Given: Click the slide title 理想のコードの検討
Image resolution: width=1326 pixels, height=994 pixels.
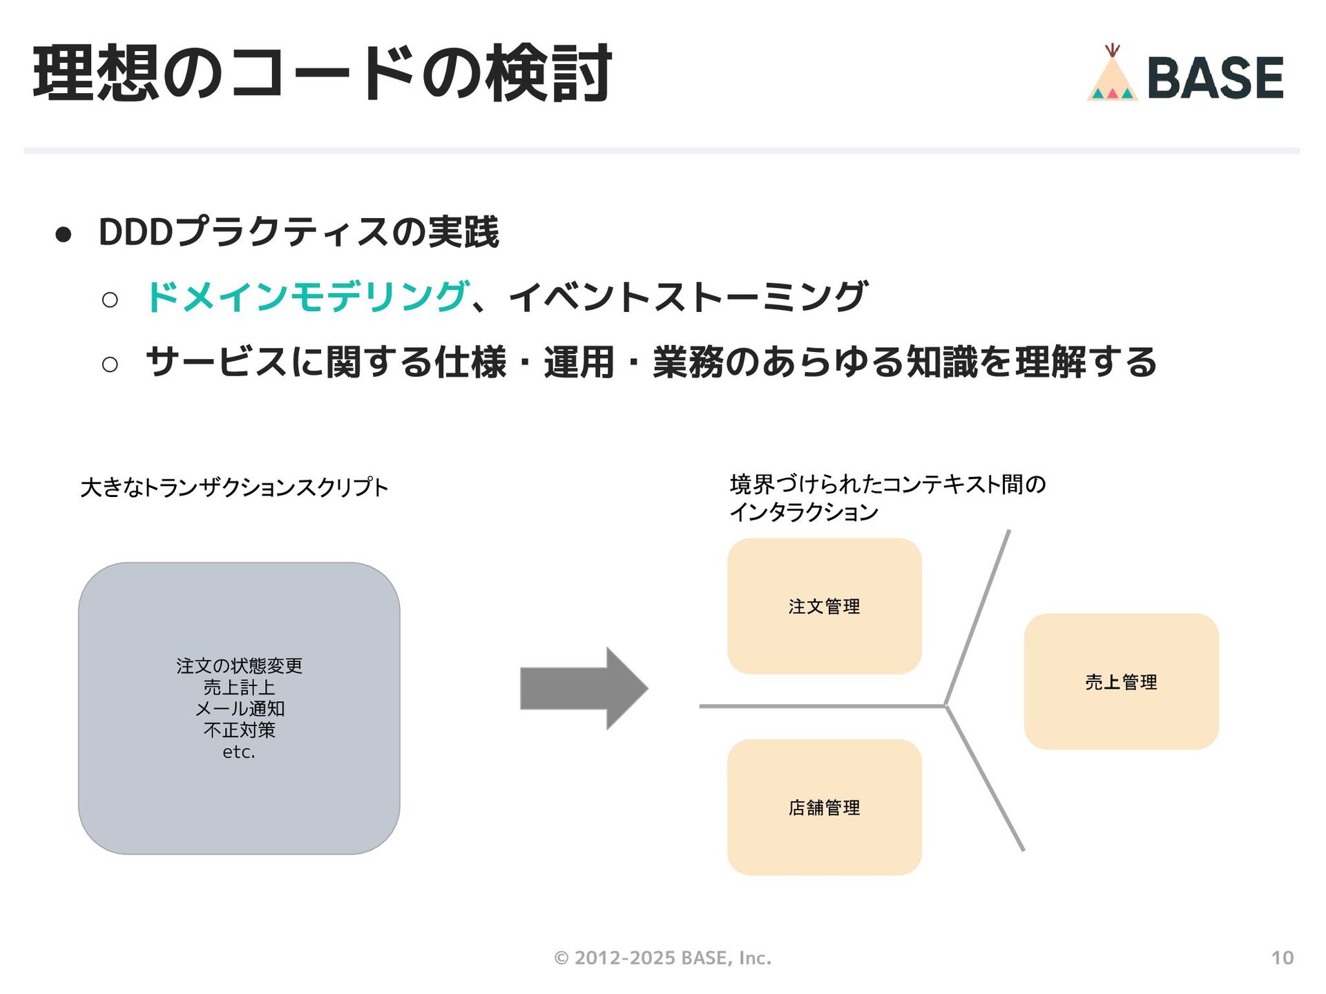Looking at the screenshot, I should click(322, 73).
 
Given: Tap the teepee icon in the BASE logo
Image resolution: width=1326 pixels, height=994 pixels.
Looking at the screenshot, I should click(1112, 76).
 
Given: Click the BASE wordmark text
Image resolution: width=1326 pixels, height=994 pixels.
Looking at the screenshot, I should click(1215, 77).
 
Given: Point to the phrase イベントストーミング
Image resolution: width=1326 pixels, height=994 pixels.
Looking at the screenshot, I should click(688, 297).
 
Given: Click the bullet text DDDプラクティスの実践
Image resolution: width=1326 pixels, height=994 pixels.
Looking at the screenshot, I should click(298, 232).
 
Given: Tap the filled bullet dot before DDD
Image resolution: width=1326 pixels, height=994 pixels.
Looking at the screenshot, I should click(64, 235).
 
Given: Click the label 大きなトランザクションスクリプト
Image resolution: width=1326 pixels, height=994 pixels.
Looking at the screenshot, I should click(234, 487).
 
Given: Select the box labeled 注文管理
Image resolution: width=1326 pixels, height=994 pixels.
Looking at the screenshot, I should click(824, 606).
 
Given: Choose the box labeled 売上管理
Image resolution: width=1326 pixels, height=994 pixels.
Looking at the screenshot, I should click(1121, 681).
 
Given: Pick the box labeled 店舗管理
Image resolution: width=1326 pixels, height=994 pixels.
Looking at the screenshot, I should click(824, 807).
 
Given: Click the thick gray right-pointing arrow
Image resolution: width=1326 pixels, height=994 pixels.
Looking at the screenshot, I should click(584, 688).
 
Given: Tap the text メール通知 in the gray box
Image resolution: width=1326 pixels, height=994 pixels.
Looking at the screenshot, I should click(240, 708).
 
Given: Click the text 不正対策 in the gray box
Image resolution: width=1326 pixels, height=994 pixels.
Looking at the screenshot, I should click(240, 730).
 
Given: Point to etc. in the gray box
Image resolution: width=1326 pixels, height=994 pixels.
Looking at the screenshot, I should click(239, 752).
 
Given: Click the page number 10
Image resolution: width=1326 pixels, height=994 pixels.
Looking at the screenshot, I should click(1282, 957).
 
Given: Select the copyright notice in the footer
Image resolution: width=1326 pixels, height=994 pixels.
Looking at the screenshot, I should click(662, 957).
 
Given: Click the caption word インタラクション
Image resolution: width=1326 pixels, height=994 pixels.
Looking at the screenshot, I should click(804, 512).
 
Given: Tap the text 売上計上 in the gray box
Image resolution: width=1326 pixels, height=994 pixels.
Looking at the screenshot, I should click(240, 687).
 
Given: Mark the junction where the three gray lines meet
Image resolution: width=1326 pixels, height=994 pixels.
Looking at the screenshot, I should click(945, 705).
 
